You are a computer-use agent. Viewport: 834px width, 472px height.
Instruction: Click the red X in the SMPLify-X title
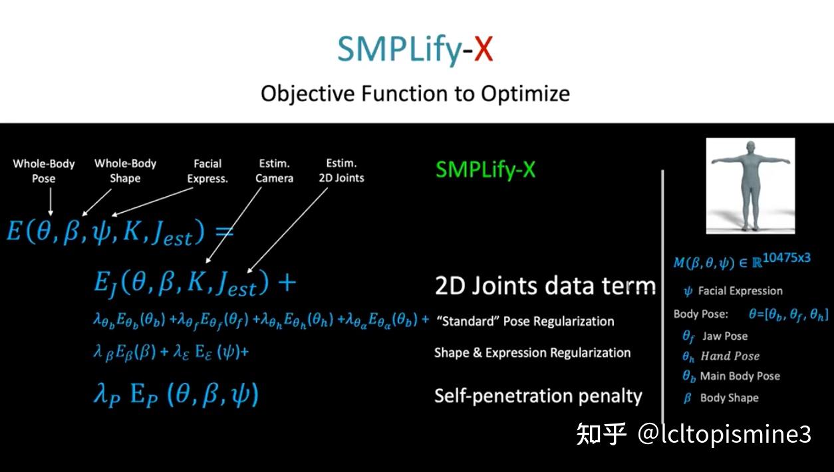pos(484,49)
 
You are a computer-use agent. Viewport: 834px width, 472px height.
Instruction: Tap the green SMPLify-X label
pos(486,170)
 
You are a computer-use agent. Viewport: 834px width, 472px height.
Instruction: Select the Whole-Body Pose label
pos(44,171)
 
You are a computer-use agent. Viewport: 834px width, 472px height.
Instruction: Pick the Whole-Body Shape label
pos(125,171)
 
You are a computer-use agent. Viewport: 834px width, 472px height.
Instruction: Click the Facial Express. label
pos(208,171)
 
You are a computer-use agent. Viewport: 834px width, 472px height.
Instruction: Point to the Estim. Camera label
pos(275,171)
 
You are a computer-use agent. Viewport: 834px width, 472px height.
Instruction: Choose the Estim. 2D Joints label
pos(341,171)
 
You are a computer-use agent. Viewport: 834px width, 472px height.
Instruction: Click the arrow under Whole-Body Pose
pos(51,201)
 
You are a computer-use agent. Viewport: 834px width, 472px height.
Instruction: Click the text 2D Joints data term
pos(545,286)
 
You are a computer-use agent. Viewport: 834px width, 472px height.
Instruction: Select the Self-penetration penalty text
pos(538,397)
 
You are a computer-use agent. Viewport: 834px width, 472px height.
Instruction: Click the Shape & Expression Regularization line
pos(532,353)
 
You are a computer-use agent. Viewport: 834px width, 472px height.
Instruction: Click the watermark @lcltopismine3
pos(724,434)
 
